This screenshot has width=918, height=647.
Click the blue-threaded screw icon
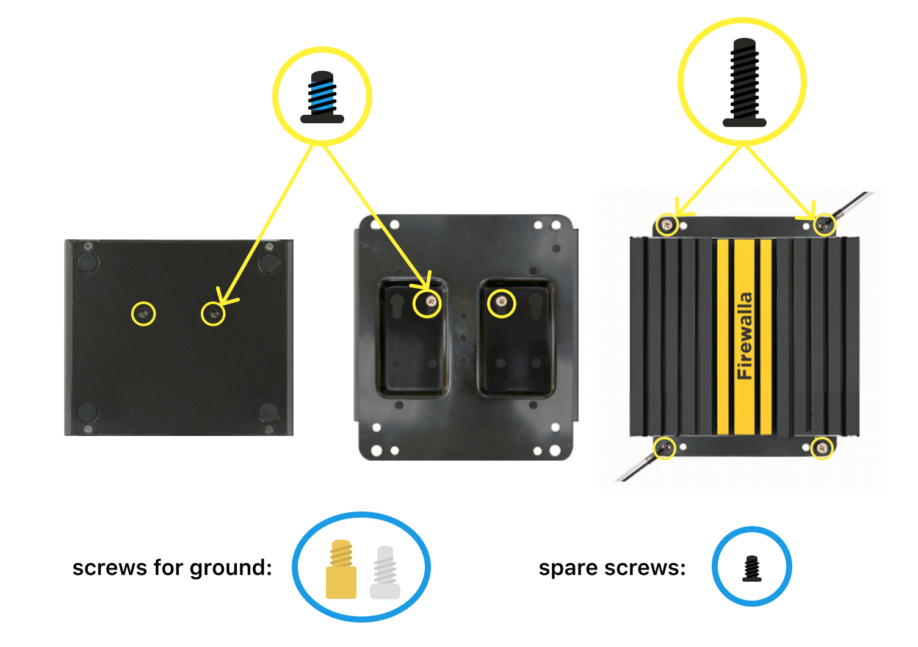pos(322,97)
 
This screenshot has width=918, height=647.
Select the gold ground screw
pos(341,569)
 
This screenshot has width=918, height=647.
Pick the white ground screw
pos(385,573)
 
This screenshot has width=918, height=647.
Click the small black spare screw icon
pos(751,569)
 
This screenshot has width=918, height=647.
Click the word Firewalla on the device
pos(745,336)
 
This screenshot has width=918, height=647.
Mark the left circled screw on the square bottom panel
pos(143,314)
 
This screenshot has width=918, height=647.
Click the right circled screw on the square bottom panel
pos(213,314)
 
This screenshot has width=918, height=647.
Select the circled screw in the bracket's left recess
pos(430,302)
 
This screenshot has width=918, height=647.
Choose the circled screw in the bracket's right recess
pos(502,302)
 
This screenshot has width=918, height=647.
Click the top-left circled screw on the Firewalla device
pos(667,225)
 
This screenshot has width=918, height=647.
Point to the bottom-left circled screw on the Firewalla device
pos(664,447)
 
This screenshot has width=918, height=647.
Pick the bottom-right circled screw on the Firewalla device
pos(822,448)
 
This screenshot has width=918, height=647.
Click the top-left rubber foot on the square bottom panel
pos(88,262)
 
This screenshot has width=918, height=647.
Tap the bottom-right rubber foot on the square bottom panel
pos(269,413)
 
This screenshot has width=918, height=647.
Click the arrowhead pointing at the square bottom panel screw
pos(225,298)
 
